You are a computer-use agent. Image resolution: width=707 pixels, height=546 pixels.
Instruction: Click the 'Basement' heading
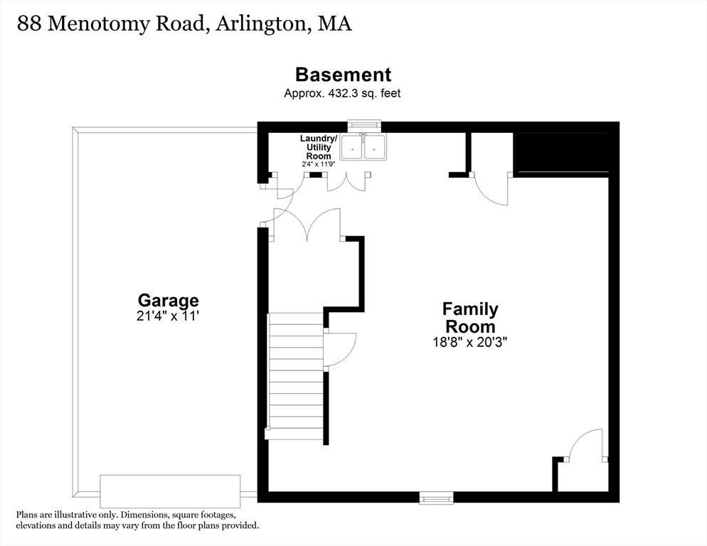(x=343, y=75)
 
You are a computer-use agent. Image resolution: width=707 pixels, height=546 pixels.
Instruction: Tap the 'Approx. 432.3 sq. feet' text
(x=342, y=93)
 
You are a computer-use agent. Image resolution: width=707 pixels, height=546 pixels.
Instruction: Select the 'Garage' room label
(x=168, y=301)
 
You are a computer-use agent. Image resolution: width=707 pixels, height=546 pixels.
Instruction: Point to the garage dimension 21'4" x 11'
(x=168, y=316)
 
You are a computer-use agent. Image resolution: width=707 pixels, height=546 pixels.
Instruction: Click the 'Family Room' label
(x=470, y=318)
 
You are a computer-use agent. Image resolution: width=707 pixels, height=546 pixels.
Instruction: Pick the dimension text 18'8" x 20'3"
(x=470, y=341)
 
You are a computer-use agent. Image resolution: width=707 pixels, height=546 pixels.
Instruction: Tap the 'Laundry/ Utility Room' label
(x=318, y=146)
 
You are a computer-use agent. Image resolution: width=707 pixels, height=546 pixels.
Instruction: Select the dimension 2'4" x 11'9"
(x=318, y=164)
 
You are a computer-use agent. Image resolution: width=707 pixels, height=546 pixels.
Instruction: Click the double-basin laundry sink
(x=363, y=147)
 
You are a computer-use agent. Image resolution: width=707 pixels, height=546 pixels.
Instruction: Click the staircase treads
(x=296, y=376)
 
